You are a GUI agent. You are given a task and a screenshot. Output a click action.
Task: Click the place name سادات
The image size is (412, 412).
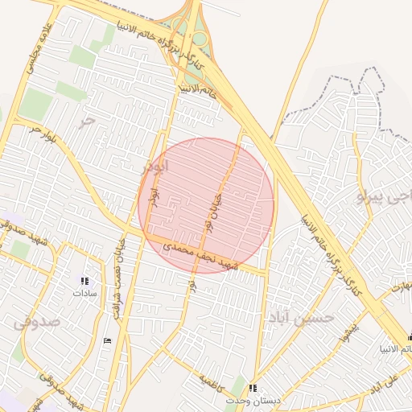point(84,294)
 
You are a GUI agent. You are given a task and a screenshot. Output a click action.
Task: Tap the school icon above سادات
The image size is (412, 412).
point(84,281)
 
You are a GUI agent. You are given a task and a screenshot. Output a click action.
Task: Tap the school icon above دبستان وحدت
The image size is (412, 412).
point(254,388)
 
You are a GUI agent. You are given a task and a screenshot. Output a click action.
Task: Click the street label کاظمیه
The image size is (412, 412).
point(214,378)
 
